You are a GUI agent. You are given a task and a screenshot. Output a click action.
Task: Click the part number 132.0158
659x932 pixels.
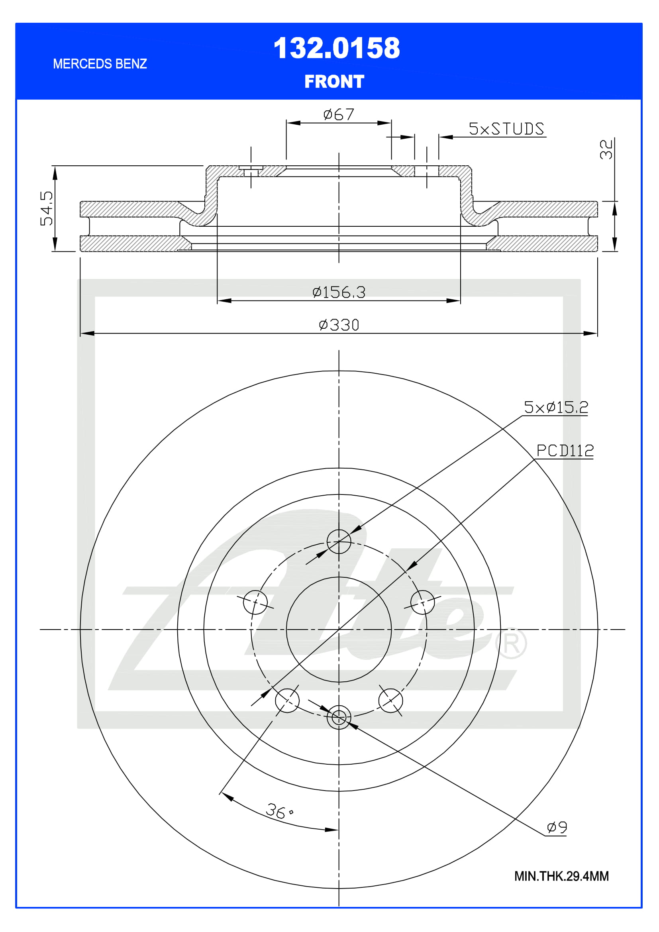point(336,48)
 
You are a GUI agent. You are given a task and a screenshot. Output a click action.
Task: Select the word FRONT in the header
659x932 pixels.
point(334,82)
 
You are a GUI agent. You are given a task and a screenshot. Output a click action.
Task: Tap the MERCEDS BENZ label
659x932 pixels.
point(100,64)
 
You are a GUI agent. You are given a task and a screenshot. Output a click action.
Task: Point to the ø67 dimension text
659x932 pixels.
point(338,114)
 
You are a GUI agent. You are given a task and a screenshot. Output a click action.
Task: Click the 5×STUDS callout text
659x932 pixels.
point(506,129)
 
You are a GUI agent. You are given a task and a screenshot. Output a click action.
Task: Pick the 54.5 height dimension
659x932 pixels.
point(47,208)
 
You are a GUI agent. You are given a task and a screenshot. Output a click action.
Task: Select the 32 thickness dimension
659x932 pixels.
point(606,149)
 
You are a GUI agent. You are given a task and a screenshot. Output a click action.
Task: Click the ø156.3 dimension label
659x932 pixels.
point(339,292)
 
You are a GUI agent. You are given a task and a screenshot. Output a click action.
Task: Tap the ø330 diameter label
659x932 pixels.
point(339,325)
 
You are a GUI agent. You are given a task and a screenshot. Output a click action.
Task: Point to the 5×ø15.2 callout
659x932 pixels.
point(555,408)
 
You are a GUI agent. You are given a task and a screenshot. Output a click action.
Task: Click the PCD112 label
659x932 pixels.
point(565,451)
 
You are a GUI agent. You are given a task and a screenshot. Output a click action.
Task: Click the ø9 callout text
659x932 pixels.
point(557,827)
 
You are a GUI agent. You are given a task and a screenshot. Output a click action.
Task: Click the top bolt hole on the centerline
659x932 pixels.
point(339,542)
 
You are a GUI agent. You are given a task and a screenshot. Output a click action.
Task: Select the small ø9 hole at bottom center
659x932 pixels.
point(339,717)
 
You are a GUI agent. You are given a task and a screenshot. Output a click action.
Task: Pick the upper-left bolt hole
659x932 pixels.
point(255,602)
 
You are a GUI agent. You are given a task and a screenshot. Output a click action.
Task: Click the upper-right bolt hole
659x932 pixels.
point(422,602)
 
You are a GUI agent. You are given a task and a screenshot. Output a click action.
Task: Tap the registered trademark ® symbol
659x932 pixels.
point(511,644)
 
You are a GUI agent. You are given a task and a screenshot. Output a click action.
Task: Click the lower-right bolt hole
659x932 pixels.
point(390,700)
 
